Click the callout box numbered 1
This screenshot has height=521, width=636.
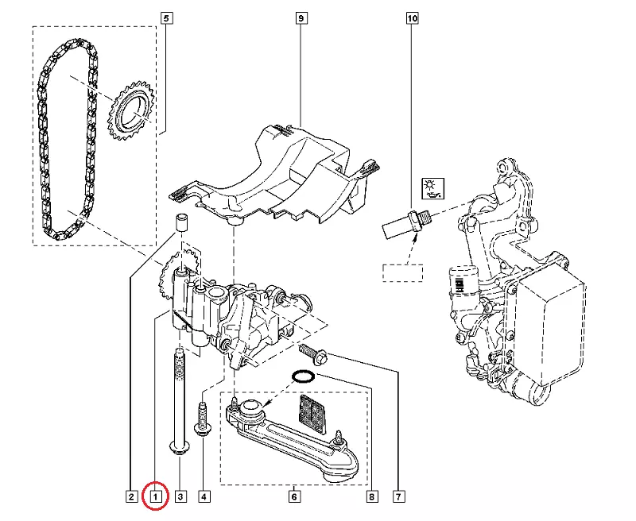click(x=155, y=496)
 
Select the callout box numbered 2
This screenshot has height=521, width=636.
click(x=131, y=496)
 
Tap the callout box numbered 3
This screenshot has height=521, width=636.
click(x=180, y=496)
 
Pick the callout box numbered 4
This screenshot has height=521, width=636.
click(x=204, y=496)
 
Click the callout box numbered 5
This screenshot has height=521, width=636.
click(x=167, y=18)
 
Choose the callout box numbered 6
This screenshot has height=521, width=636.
click(x=294, y=496)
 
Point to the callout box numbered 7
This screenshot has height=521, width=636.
click(x=399, y=496)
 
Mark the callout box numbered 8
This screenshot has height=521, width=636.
click(x=371, y=496)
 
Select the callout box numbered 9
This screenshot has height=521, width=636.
click(x=301, y=18)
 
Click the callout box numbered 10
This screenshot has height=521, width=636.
click(x=412, y=18)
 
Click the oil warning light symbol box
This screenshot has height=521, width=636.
click(x=432, y=188)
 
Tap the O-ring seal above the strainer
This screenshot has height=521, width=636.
click(x=304, y=376)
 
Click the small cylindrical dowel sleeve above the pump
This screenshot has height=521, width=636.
click(x=181, y=222)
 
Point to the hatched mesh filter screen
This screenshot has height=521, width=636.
click(x=312, y=415)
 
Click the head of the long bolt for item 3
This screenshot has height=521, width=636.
click(x=178, y=449)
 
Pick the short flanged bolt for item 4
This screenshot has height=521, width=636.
click(x=203, y=419)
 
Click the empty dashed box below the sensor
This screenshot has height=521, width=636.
click(x=403, y=273)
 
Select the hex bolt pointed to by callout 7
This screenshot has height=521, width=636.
click(x=313, y=353)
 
